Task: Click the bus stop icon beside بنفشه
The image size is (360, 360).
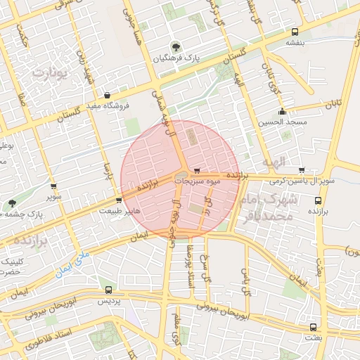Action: (295, 32)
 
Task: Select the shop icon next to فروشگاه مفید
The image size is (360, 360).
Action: (106, 96)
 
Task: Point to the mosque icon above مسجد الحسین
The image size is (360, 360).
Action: (283, 111)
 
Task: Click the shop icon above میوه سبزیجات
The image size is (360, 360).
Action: (197, 170)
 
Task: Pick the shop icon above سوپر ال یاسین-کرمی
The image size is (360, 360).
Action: (302, 170)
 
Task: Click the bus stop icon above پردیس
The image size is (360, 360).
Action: (108, 290)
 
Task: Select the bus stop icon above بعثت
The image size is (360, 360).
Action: (312, 327)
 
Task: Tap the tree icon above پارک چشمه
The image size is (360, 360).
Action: (12, 204)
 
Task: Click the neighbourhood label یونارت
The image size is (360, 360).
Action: (52, 72)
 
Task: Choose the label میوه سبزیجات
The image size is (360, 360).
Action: (199, 181)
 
